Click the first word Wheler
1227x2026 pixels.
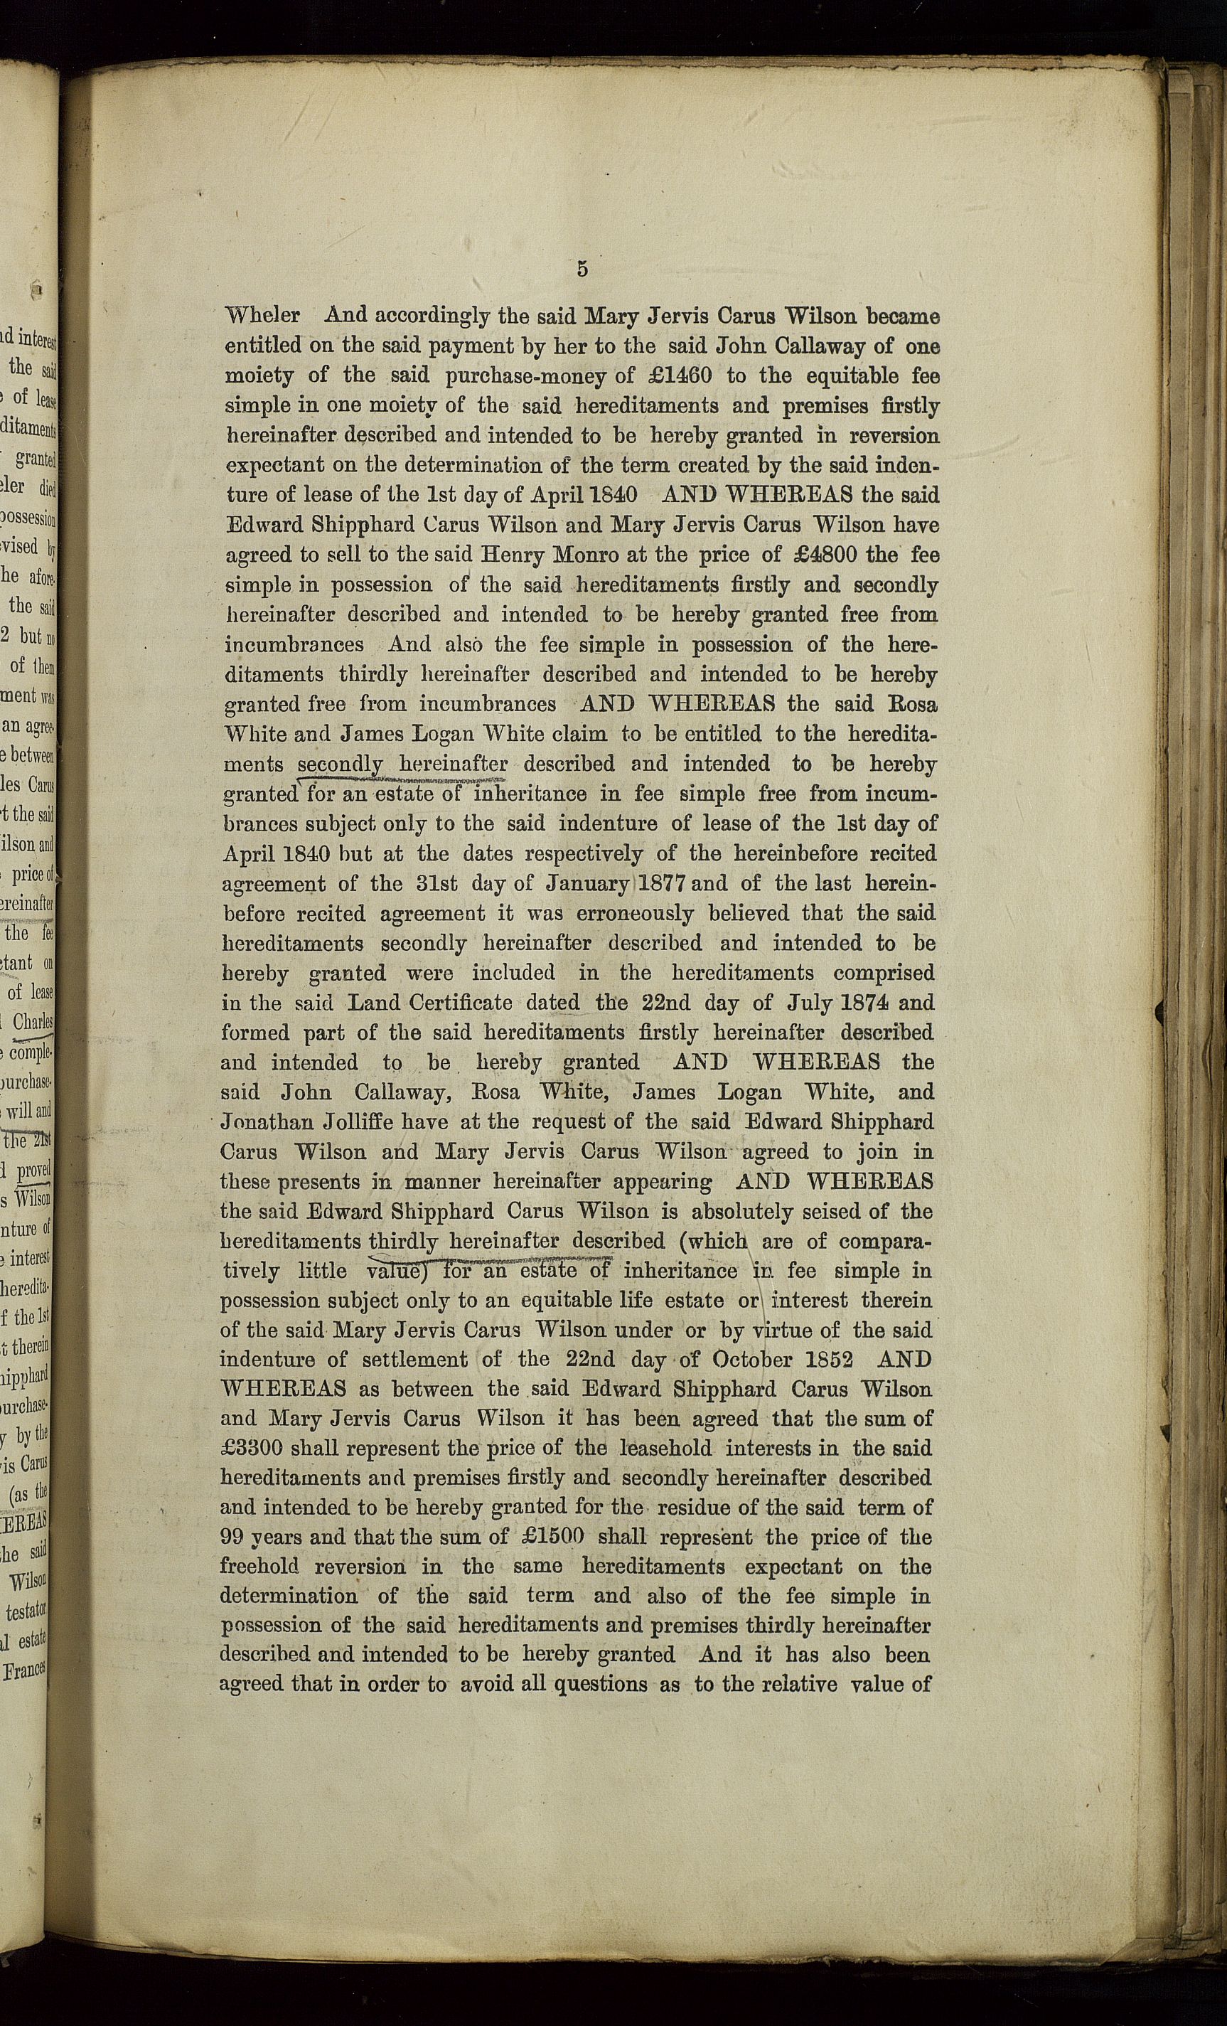262,316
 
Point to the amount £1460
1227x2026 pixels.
673,375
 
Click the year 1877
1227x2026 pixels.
663,884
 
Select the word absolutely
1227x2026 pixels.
742,1211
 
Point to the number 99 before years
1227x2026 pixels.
234,1537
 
